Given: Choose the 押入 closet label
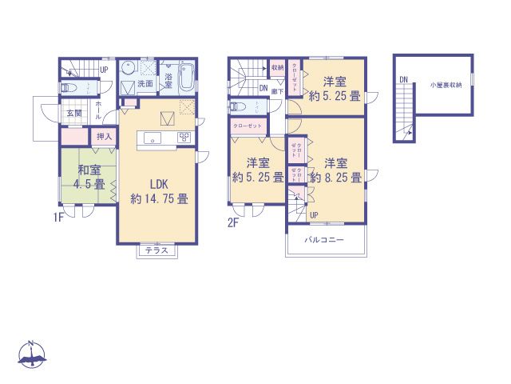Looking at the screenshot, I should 105,138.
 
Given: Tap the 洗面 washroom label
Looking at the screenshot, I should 145,83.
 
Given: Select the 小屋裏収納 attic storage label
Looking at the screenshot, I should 446,84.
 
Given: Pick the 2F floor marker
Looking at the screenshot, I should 233,223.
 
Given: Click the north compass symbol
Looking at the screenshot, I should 32,355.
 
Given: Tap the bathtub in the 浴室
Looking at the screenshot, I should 186,77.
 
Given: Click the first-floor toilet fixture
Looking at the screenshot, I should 69,89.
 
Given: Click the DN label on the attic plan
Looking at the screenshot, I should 403,79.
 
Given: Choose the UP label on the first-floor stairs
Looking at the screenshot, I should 105,70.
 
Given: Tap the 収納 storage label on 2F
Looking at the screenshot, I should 276,68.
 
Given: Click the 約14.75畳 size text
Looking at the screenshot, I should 160,198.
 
